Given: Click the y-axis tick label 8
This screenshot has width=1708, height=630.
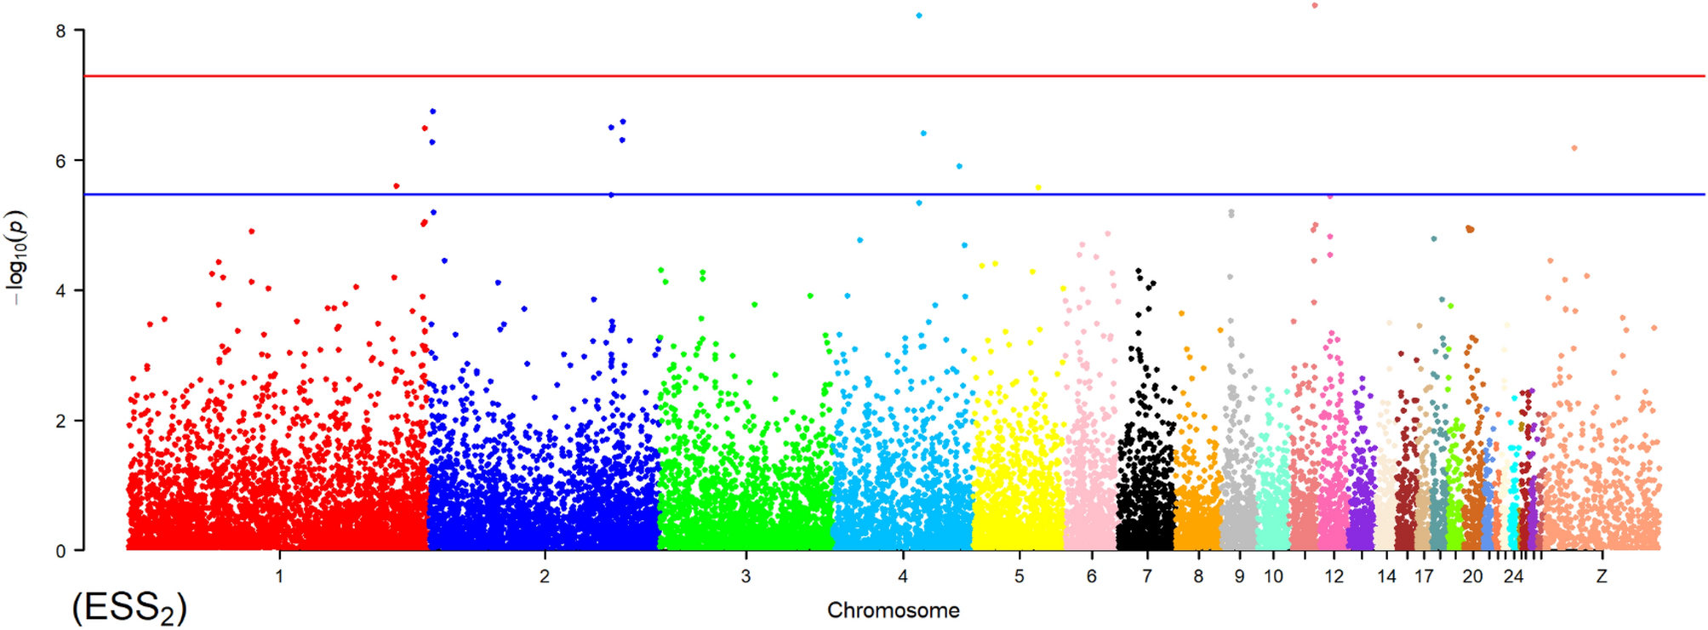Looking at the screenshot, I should pos(60,31).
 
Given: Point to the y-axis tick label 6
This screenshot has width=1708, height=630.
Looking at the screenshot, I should pos(60,162).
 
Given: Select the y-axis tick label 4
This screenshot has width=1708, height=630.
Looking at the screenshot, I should pos(60,291).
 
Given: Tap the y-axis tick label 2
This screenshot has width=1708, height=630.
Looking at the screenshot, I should pos(60,421).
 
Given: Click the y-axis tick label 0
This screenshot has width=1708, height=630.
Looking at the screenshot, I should pos(60,552).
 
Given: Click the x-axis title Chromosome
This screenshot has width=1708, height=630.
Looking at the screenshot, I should pos(893,610).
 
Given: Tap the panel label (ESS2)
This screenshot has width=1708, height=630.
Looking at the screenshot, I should pos(129,609).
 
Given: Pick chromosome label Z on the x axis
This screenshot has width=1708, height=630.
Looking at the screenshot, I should pos(1601,576).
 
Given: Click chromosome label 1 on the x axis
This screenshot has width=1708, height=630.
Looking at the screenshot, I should pos(279,576).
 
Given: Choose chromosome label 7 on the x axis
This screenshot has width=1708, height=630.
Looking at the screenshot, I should pos(1146,576).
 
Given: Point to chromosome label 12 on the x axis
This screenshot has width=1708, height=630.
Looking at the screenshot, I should pos(1334,576).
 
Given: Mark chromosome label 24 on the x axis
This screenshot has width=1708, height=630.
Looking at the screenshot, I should pos(1512,576).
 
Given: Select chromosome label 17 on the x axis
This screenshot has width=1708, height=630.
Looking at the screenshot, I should pos(1424,576).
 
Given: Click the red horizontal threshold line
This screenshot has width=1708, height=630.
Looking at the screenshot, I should pos(851,76).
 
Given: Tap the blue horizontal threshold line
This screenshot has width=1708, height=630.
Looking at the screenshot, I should pos(851,194).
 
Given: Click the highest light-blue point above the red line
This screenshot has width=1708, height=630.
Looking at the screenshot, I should pos(918,15).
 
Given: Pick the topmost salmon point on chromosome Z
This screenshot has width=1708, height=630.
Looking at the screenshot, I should pos(1574,148).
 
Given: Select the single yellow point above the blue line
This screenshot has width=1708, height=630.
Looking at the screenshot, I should pos(1038,187).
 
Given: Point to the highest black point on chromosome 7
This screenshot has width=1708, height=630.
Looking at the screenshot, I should pos(1139,271).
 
